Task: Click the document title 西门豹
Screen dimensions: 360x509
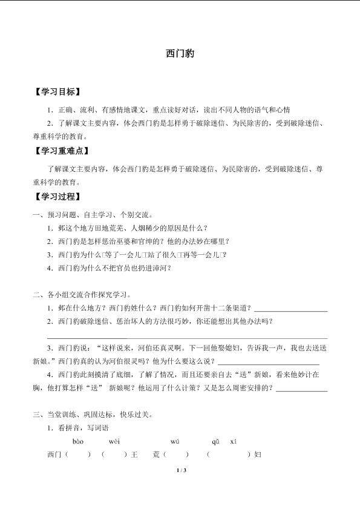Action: [x=180, y=53]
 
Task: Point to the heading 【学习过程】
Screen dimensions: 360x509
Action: [x=58, y=197]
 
